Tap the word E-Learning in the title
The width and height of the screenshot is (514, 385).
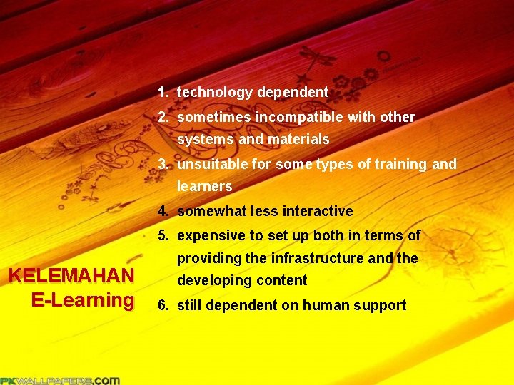click(82, 300)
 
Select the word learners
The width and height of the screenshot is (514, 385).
click(204, 187)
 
